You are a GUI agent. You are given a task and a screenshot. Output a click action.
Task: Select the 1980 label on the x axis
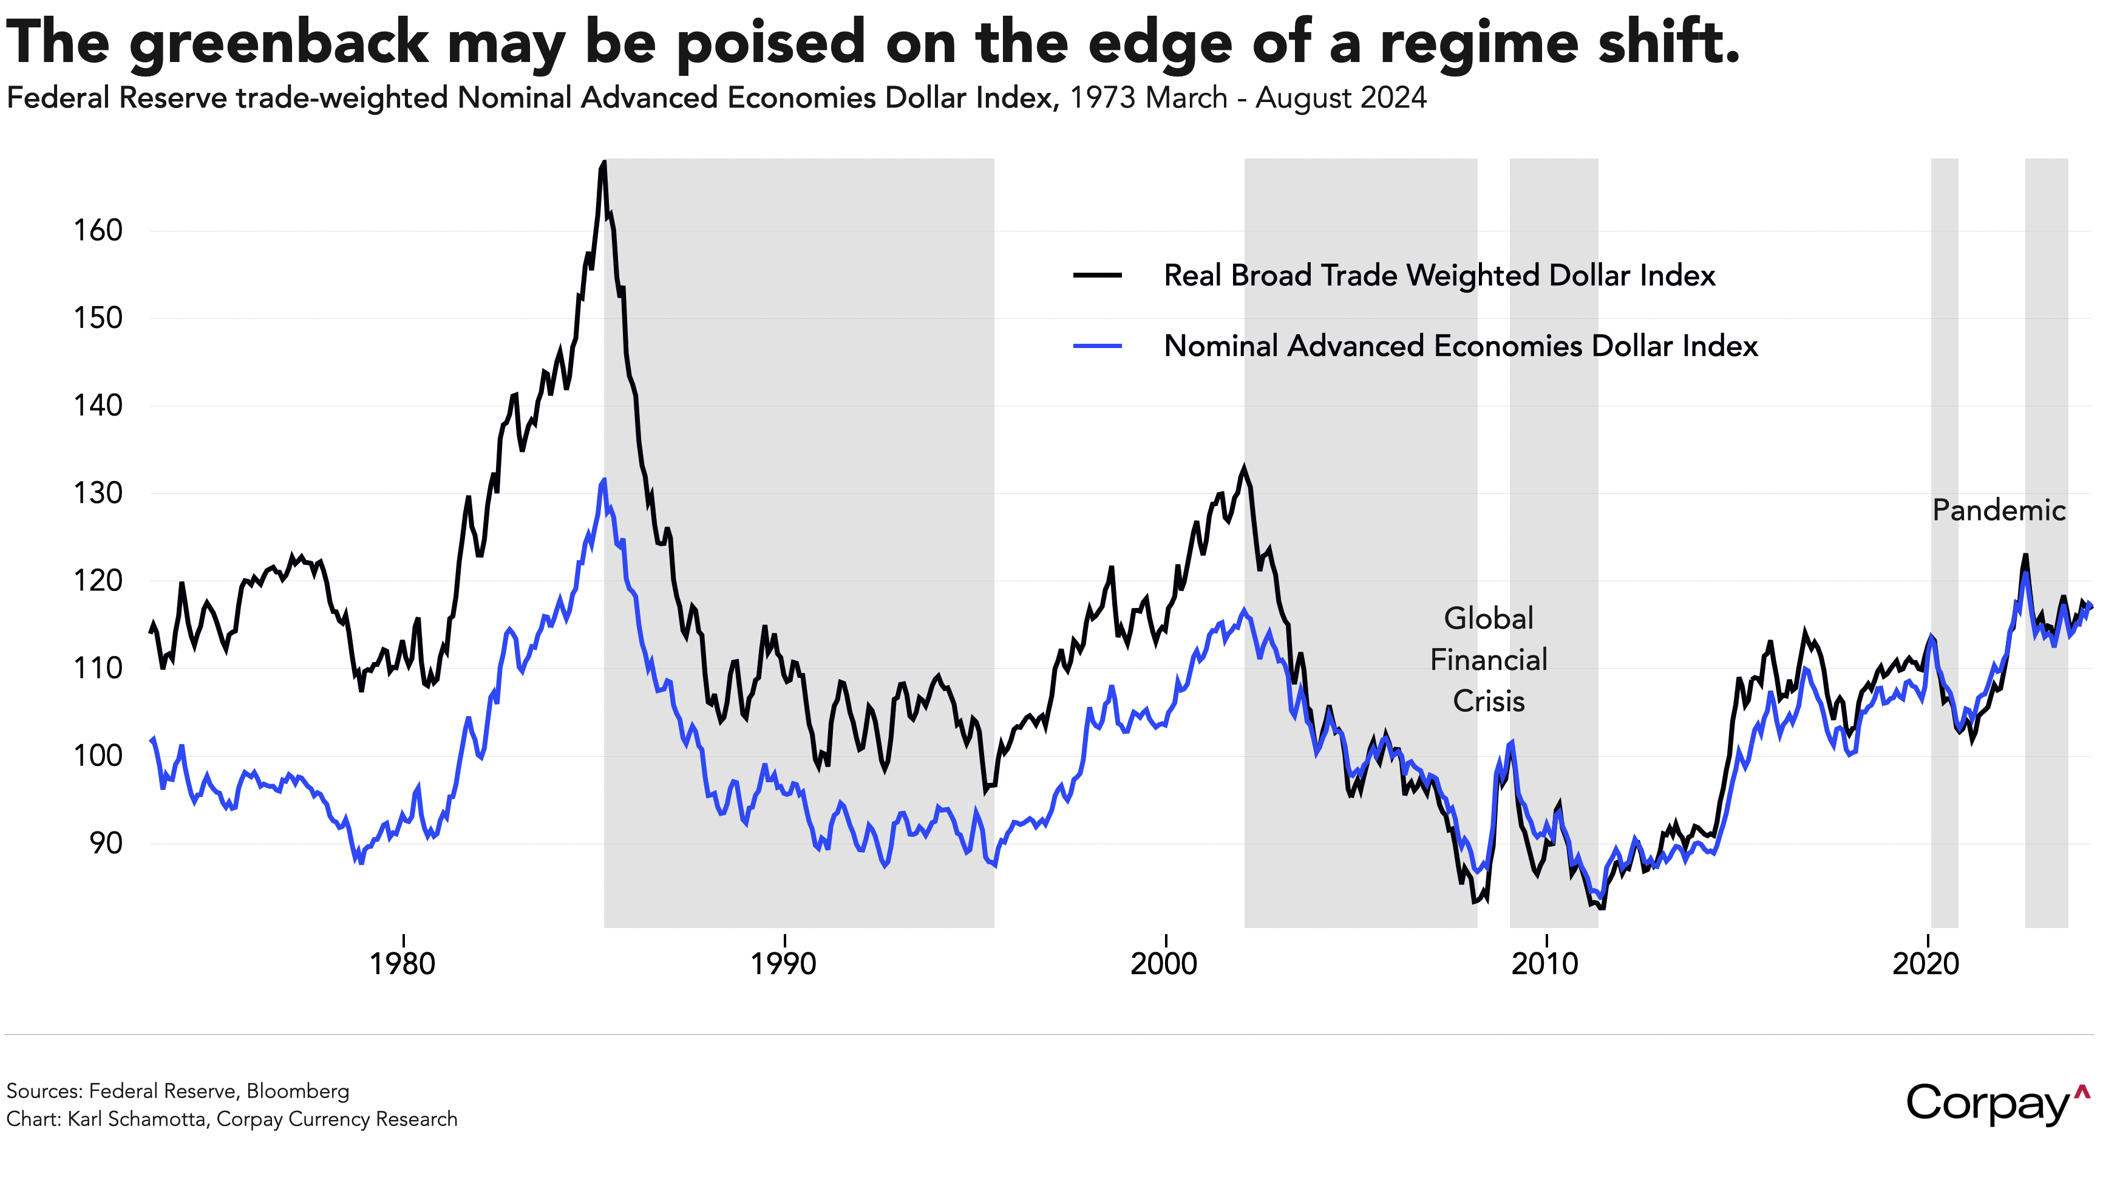point(403,964)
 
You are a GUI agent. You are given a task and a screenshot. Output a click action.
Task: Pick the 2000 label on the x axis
point(1164,964)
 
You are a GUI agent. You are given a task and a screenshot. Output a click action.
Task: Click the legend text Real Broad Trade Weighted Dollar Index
point(1439,275)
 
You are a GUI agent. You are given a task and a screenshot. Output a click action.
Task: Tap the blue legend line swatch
point(1097,346)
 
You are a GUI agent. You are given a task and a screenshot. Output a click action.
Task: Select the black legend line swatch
point(1097,275)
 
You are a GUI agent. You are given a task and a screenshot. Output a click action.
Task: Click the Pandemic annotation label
point(1999,510)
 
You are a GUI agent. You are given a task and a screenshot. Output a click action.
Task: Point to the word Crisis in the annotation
point(1488,702)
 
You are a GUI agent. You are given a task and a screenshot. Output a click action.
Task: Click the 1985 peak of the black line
point(603,163)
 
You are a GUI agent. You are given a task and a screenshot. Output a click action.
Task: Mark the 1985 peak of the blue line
point(604,479)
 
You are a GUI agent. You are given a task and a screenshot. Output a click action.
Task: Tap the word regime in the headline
point(1480,43)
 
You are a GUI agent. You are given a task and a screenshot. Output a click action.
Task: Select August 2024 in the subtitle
point(1340,98)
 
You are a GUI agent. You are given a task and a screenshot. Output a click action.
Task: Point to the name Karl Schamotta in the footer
point(137,1119)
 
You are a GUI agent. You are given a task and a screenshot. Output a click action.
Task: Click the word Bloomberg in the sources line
point(298,1091)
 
